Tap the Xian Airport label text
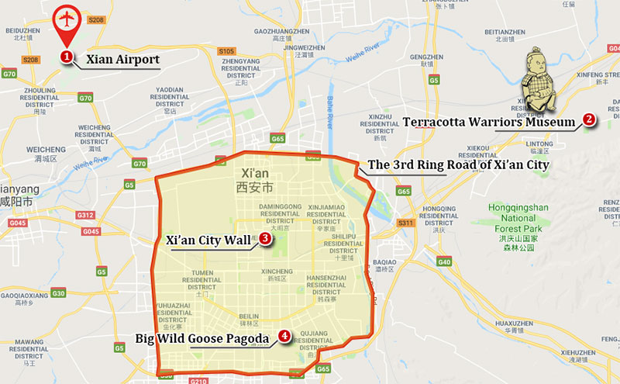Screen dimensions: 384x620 122,59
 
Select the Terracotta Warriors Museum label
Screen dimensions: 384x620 489,122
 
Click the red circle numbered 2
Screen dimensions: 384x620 589,119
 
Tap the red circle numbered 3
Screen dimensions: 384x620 265,240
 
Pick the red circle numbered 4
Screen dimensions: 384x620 284,337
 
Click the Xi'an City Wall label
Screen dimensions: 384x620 208,240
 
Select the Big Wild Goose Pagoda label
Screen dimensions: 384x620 201,338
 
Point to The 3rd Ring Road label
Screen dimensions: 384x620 458,165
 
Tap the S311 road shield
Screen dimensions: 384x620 406,223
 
